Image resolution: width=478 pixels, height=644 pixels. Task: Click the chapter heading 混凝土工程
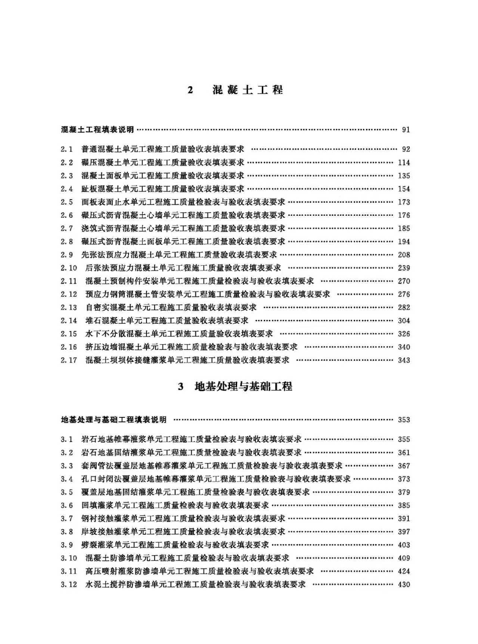tap(248, 90)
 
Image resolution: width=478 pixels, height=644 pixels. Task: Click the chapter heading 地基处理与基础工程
tap(243, 386)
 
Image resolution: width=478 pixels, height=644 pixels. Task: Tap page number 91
tap(406, 130)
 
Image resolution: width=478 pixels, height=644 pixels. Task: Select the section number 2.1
tap(67, 149)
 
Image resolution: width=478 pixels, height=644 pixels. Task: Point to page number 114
tap(404, 163)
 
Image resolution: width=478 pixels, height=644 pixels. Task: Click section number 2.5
tap(67, 202)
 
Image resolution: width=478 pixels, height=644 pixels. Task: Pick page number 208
tap(404, 255)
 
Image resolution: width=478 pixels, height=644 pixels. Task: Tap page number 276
tap(404, 295)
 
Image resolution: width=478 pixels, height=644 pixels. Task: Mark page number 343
tap(404, 360)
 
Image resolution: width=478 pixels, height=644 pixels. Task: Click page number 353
tap(404, 420)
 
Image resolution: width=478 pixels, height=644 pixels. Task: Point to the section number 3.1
tap(67, 439)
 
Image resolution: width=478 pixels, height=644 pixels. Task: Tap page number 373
tap(404, 479)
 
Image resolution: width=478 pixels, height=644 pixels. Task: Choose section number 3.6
tap(67, 505)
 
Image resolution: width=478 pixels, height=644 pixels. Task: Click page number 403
tap(404, 545)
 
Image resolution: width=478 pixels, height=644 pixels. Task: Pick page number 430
tap(404, 585)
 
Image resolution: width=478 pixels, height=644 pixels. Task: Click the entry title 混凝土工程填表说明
tap(97, 130)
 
